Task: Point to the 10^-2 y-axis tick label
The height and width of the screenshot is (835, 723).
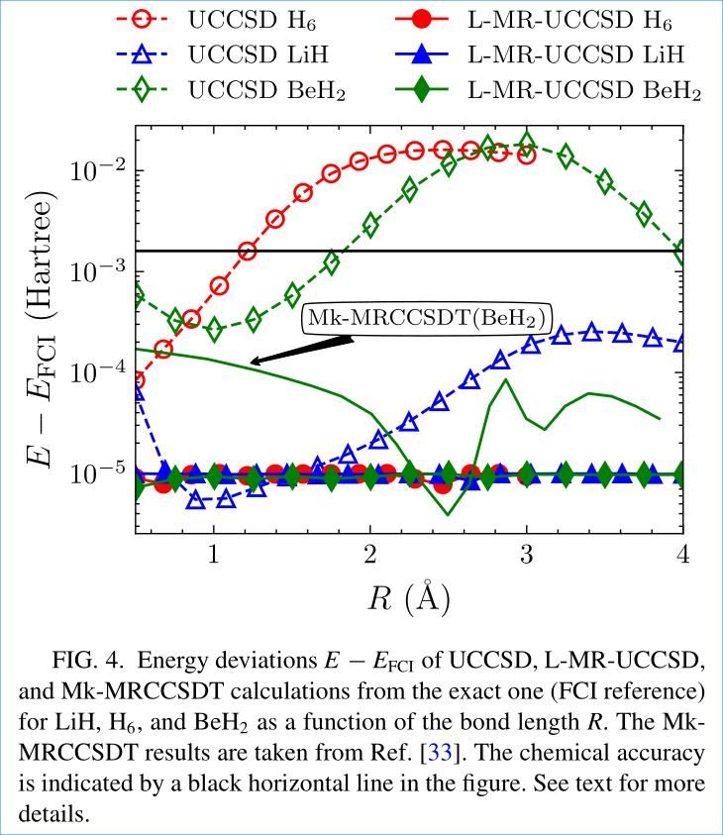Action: click(98, 169)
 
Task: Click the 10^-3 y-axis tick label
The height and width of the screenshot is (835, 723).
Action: click(98, 271)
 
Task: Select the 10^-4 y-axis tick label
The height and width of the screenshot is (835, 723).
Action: click(98, 373)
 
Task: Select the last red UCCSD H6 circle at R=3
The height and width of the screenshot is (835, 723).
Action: click(526, 155)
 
